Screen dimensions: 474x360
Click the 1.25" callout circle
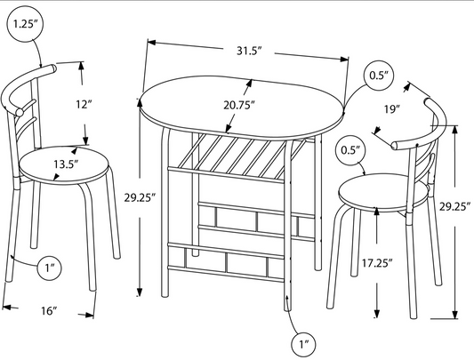[24, 24]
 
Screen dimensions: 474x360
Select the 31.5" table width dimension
[249, 51]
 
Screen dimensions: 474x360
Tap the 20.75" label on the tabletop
[239, 105]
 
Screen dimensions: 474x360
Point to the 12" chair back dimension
[84, 104]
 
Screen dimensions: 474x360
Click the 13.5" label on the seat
[66, 164]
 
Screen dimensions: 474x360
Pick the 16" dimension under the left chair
[49, 310]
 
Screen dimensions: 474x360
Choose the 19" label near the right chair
[392, 108]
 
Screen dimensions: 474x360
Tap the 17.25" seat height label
[377, 263]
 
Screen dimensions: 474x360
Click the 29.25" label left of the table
[140, 197]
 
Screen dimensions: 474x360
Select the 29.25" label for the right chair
[455, 207]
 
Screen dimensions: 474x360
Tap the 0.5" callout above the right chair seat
[350, 150]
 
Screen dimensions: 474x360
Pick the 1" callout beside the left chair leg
[49, 268]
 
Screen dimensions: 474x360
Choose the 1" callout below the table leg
[303, 344]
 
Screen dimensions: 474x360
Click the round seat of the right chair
[383, 193]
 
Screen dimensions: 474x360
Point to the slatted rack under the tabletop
[239, 157]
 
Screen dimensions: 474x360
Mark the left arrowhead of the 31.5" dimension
[151, 43]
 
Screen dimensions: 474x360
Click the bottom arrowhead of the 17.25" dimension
[377, 314]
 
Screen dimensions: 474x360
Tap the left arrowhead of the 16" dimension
[6, 308]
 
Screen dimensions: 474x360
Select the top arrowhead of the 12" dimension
[81, 66]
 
